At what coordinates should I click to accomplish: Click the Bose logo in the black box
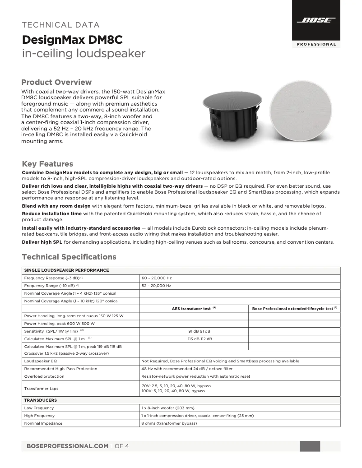(316, 20)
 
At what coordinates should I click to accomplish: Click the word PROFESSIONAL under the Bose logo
(316, 44)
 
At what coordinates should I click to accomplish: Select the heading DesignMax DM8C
(72, 40)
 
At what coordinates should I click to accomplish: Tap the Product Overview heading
(56, 82)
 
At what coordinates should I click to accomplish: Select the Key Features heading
(47, 164)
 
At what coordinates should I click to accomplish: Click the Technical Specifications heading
(69, 257)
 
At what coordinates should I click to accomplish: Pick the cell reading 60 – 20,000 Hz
(157, 278)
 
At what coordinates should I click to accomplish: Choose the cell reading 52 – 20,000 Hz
(157, 286)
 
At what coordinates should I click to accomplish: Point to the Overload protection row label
(45, 376)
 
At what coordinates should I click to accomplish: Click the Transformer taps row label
(41, 388)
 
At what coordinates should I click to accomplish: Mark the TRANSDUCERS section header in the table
(40, 400)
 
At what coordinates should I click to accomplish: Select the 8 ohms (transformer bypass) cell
(169, 423)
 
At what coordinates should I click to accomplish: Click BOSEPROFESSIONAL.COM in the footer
(68, 446)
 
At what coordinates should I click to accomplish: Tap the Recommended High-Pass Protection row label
(60, 369)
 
